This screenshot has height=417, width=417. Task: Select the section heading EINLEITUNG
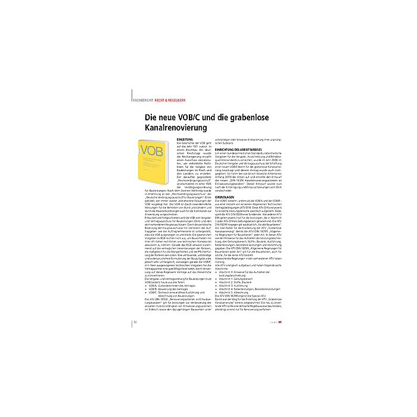click(x=186, y=138)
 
